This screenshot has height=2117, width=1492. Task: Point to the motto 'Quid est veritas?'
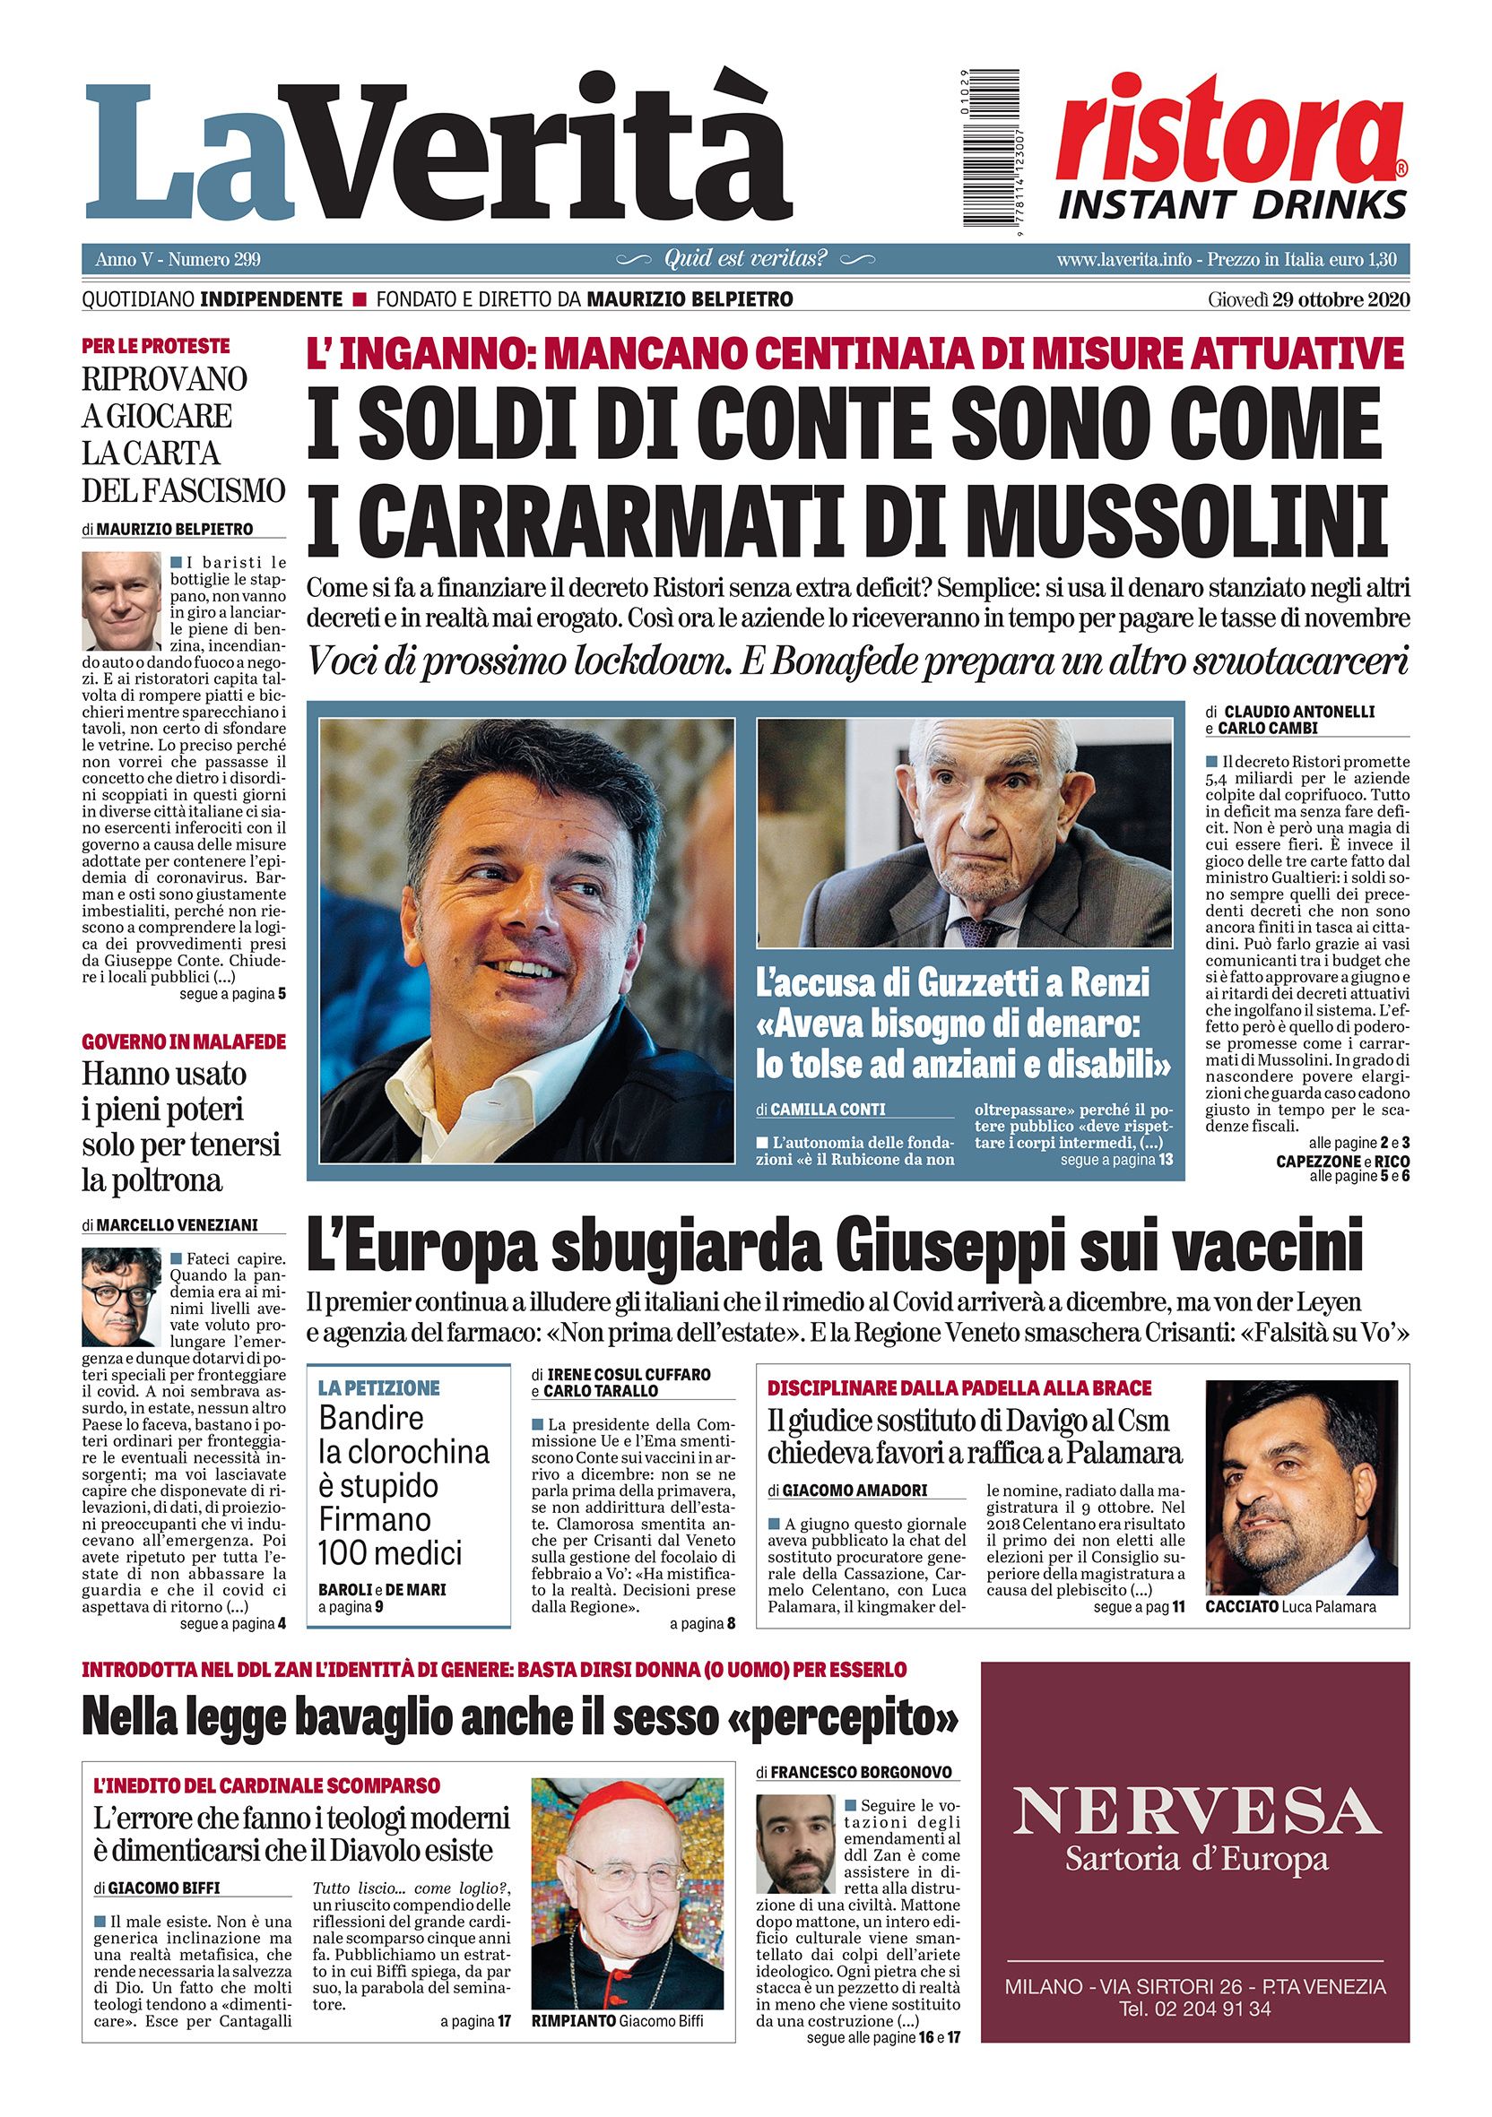point(746,259)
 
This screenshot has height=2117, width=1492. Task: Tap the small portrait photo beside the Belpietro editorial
point(121,601)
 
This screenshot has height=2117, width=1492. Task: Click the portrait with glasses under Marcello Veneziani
point(121,1296)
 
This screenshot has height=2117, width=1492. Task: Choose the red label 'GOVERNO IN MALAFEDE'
point(185,1041)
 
